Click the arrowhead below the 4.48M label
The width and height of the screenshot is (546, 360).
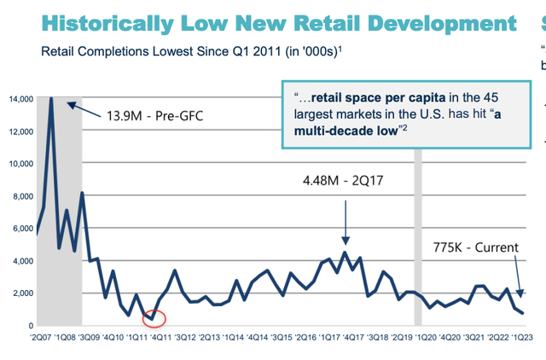pos(346,241)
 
